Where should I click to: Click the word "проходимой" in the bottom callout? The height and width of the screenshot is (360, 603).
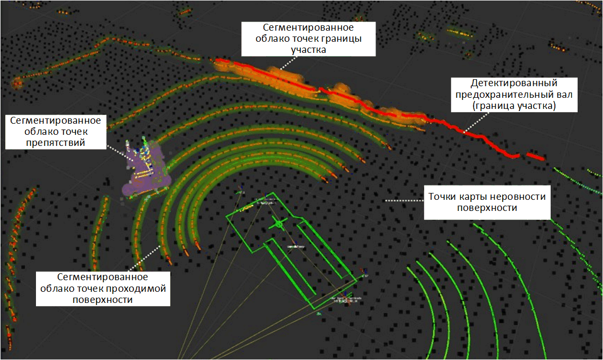point(140,289)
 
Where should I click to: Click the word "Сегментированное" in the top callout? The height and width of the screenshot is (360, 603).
point(308,27)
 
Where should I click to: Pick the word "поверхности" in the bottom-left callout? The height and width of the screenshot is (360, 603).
point(103,300)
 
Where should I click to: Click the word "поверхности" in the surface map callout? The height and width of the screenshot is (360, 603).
point(487,208)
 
